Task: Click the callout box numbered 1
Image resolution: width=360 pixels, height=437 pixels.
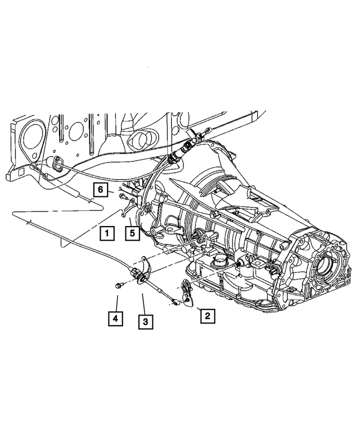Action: click(x=105, y=232)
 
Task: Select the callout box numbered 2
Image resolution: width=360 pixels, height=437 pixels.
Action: click(x=206, y=316)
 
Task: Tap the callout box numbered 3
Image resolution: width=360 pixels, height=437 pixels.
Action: click(x=145, y=322)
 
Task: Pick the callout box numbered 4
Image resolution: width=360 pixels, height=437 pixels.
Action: click(x=115, y=319)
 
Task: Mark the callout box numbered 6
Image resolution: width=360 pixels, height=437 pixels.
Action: click(x=101, y=190)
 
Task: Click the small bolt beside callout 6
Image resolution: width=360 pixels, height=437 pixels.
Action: click(x=120, y=195)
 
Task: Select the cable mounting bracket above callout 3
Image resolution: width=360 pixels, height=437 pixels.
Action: click(x=141, y=275)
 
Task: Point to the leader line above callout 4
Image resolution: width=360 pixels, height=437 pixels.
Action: click(x=116, y=301)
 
